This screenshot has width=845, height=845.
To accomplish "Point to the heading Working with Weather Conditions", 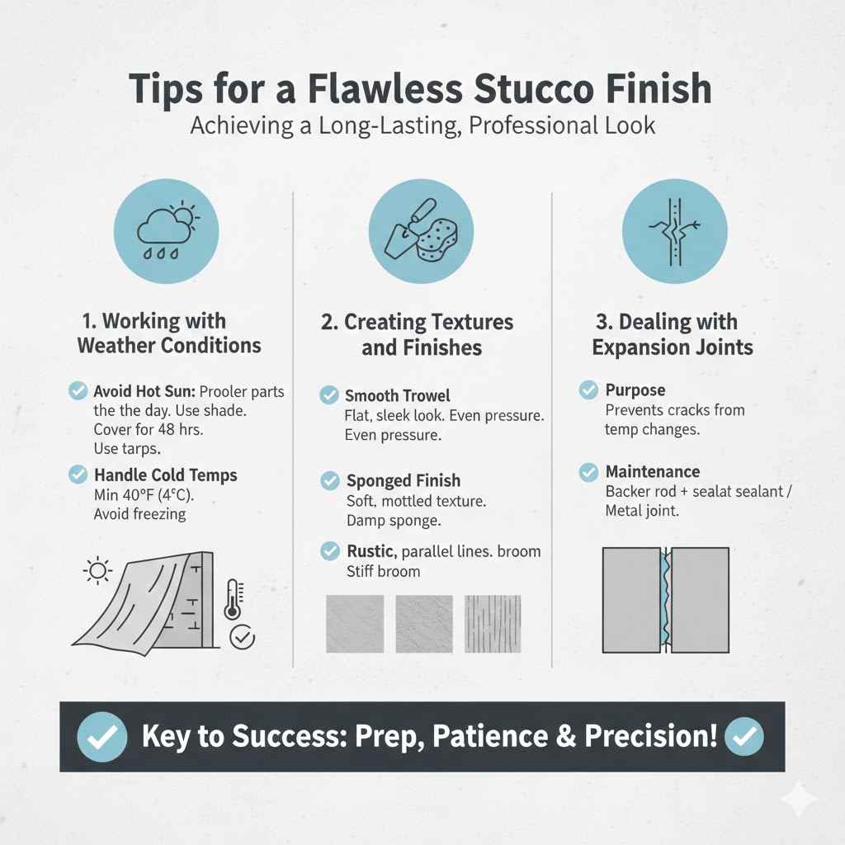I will [168, 333].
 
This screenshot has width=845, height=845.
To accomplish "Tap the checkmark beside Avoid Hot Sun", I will [78, 391].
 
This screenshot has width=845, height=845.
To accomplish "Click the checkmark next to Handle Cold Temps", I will [78, 474].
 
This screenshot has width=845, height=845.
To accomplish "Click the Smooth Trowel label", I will [398, 396].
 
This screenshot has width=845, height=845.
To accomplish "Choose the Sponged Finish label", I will [404, 480].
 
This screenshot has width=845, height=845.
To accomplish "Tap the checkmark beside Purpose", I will [588, 389].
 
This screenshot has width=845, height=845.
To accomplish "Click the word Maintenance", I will [652, 472].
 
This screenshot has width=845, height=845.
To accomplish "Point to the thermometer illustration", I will [234, 600].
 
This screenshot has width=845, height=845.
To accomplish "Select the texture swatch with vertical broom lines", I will [493, 624].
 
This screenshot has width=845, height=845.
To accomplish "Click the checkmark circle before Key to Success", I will [101, 737].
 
